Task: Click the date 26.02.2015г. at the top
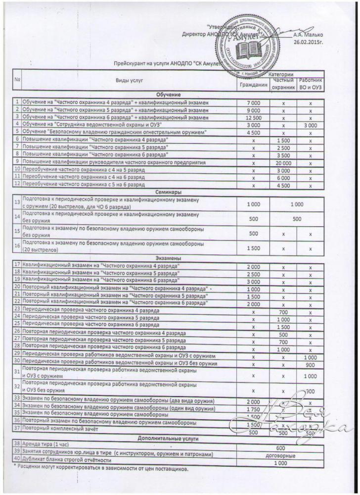tap(308, 43)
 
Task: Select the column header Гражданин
tap(253, 85)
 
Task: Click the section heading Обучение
tap(168, 94)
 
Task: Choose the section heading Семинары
tap(168, 191)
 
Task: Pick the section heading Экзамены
tap(168, 258)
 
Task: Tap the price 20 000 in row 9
tap(283, 162)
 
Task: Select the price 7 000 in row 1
tap(253, 102)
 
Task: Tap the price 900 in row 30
tap(311, 364)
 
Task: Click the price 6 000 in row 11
tap(283, 177)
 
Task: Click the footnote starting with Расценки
tap(101, 468)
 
